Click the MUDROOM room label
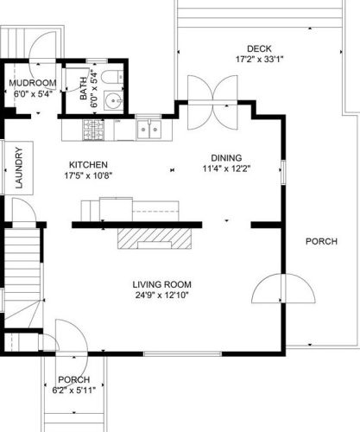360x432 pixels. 33,83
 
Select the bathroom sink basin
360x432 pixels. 113,100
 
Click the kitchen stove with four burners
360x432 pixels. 93,130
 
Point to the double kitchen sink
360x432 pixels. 148,130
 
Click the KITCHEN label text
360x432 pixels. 88,165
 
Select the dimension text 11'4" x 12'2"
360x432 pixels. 226,168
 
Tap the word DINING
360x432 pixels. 226,158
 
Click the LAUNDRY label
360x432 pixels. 19,168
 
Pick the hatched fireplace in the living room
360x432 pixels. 155,238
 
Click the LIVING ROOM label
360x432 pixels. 161,284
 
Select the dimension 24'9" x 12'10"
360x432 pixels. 161,295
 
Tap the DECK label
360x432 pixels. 259,48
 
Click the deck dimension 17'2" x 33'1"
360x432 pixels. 260,60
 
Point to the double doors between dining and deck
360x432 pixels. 212,103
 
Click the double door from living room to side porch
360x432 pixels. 283,289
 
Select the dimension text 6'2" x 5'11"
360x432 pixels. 74,391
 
